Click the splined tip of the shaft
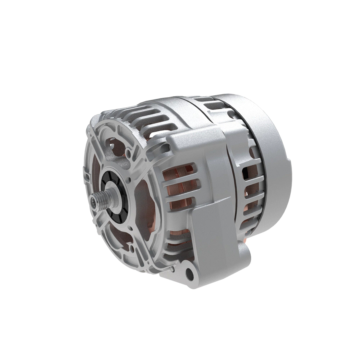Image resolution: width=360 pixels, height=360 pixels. coord(94,198)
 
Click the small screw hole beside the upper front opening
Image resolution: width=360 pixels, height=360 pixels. coord(129,155)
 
